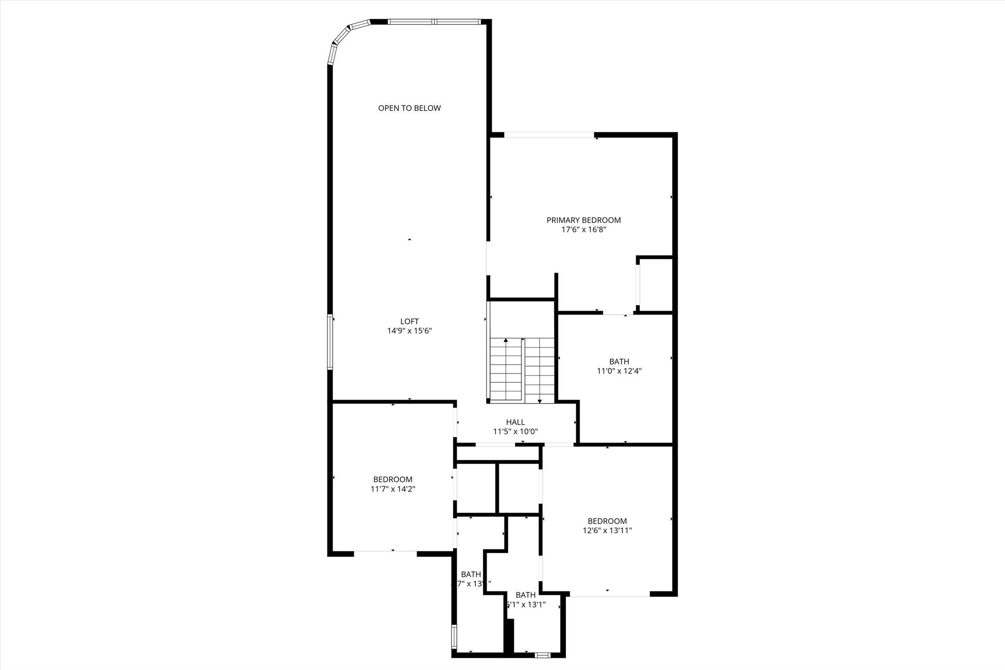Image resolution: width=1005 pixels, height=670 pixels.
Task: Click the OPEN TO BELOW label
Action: click(x=409, y=108)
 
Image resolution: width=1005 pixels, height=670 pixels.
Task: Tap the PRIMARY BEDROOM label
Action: click(x=583, y=220)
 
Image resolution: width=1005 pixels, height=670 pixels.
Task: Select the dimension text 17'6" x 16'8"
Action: click(x=583, y=229)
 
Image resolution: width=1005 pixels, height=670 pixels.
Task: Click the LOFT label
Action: click(x=409, y=322)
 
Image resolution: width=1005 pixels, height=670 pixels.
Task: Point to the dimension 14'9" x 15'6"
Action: click(x=409, y=331)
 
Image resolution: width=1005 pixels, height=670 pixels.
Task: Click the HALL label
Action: click(x=515, y=422)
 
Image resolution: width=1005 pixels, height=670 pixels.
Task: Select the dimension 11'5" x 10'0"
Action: click(x=515, y=432)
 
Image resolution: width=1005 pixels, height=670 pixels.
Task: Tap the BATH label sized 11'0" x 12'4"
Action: click(x=619, y=362)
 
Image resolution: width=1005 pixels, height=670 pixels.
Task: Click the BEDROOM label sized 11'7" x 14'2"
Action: click(x=393, y=480)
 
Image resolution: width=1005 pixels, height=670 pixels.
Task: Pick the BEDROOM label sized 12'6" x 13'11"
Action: click(x=607, y=521)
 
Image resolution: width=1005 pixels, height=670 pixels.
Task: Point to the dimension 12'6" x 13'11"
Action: click(x=607, y=531)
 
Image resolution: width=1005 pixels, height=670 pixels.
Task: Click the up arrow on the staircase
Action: click(x=506, y=340)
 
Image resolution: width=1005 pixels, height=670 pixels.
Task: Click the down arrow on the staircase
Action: click(x=540, y=401)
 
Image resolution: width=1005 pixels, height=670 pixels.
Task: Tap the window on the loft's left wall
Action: click(x=330, y=342)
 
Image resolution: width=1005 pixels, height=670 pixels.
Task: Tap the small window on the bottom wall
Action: click(x=542, y=655)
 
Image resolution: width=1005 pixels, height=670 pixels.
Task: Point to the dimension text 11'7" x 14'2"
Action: click(x=393, y=489)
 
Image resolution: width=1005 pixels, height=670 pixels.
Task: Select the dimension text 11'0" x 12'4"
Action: click(x=619, y=371)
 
